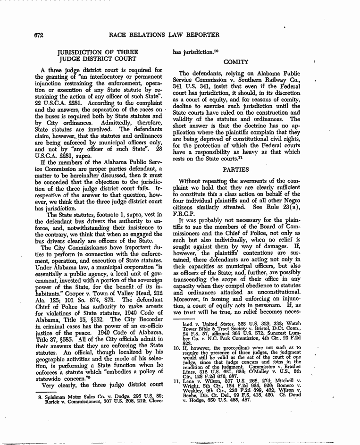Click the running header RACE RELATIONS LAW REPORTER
(x=164, y=35)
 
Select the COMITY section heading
(x=236, y=62)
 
